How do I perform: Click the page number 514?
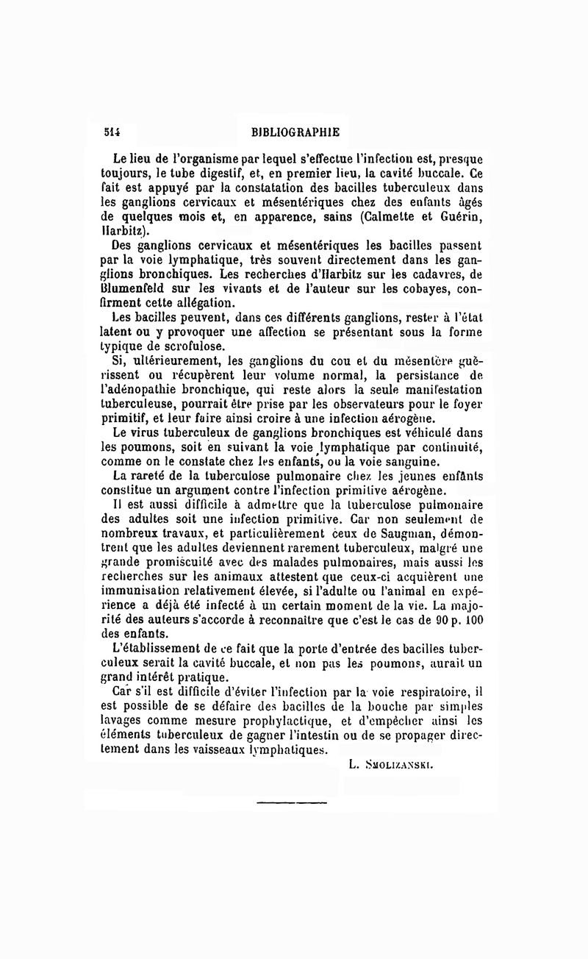(112, 133)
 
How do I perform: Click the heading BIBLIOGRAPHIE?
(295, 133)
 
